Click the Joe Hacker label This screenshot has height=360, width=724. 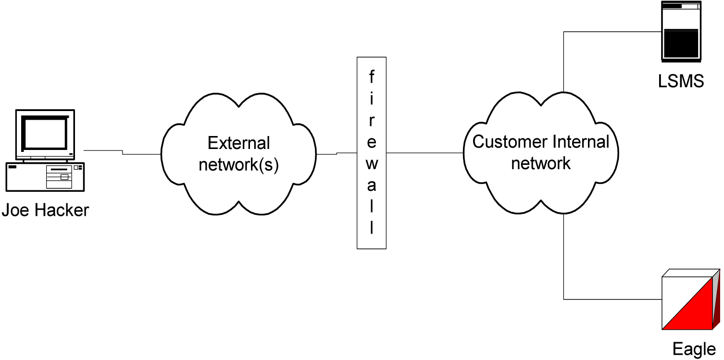(x=45, y=210)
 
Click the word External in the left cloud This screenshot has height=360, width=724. (x=238, y=143)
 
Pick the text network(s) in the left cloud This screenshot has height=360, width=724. (x=238, y=164)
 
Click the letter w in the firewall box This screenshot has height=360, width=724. (x=371, y=164)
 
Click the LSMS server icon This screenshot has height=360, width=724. (x=681, y=32)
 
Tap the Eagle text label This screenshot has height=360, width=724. (x=694, y=349)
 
